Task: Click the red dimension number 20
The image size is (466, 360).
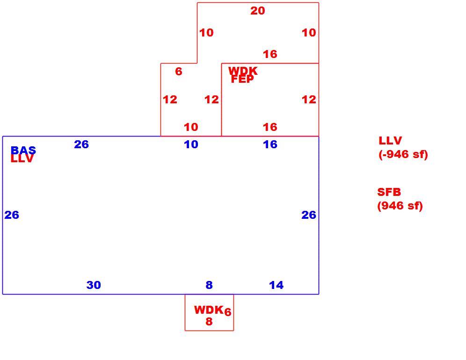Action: coord(257,11)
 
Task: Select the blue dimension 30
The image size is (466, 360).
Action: coord(94,285)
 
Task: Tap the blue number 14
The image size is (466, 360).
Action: coord(276,285)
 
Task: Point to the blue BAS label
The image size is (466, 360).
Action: coord(23,150)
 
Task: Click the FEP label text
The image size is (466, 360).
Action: coord(242,79)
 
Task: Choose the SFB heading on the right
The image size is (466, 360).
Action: coord(389,192)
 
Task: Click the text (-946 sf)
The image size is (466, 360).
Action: coord(403,154)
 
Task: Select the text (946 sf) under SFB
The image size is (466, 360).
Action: coord(400,206)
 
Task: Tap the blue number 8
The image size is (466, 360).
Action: coord(209,285)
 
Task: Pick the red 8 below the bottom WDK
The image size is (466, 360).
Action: coord(209,321)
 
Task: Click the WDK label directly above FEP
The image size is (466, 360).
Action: coord(243,71)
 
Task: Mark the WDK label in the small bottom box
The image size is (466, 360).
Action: coord(209,310)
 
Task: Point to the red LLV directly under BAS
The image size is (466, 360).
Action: coord(22,159)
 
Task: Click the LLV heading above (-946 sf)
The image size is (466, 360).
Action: coord(390,141)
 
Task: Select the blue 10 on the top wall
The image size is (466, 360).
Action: coord(191,144)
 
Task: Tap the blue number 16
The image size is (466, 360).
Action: coord(270,144)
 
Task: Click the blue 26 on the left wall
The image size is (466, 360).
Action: coord(12,215)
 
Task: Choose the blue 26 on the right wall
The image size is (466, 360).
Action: coord(309,215)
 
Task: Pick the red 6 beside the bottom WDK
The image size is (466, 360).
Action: coord(228,312)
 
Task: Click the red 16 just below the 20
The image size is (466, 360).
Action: coord(270,54)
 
